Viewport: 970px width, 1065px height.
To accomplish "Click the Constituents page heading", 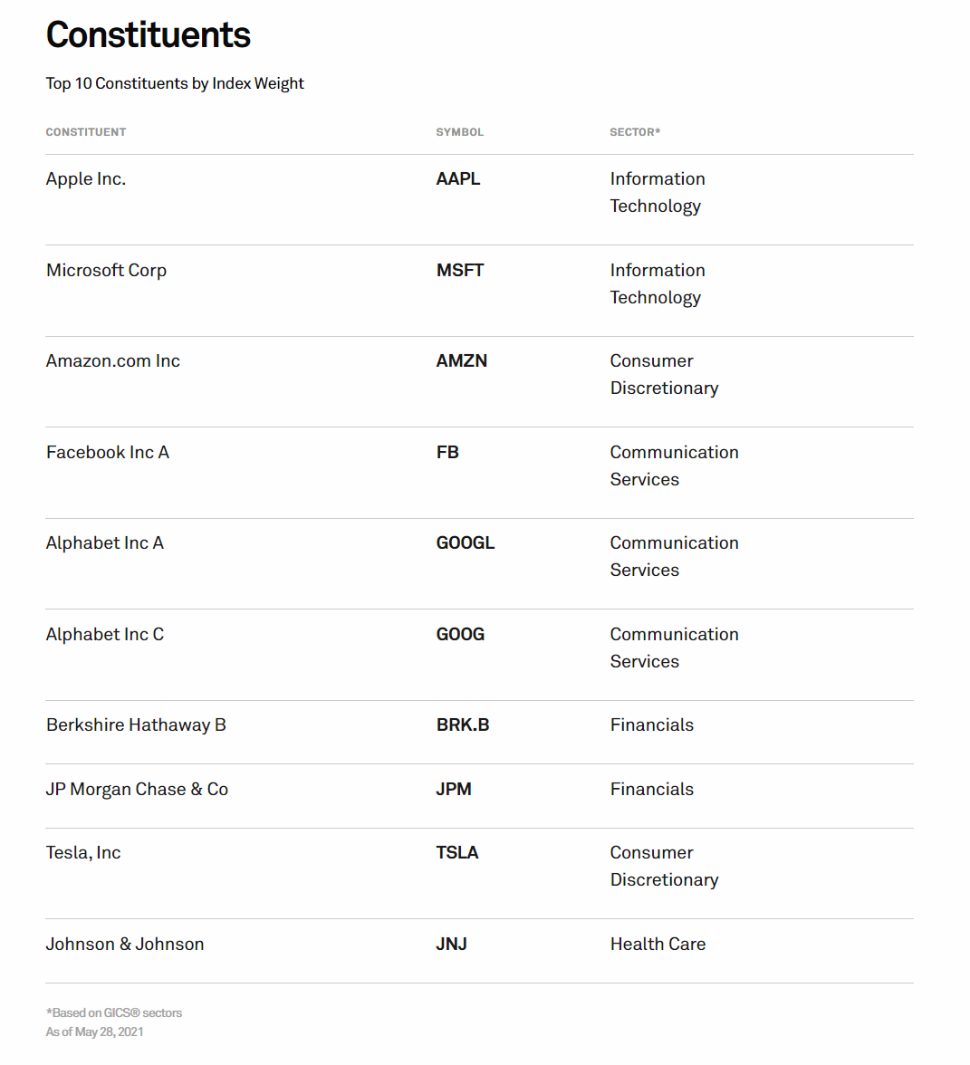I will coord(149,35).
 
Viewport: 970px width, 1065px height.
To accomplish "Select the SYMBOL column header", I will coord(460,132).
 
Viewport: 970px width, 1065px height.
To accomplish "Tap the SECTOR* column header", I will coord(635,132).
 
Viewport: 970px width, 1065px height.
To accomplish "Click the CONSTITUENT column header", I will coord(86,132).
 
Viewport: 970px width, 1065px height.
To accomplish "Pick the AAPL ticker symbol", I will coord(458,179).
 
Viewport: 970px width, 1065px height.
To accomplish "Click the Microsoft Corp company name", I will coord(107,271).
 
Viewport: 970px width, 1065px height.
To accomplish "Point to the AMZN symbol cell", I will coord(462,361).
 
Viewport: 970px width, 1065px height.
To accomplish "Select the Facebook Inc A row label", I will coord(108,453).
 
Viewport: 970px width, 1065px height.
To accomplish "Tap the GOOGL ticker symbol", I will coord(466,543).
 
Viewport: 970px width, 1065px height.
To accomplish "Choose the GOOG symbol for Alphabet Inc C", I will coord(460,635).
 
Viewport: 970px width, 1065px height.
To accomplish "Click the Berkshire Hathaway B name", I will coord(136,725).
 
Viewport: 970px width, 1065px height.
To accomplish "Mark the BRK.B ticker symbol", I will coord(463,725).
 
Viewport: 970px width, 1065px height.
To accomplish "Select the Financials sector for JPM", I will coord(652,790).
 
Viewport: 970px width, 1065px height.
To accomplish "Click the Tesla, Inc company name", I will coord(83,853).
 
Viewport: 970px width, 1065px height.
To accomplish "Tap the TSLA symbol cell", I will coord(457,853).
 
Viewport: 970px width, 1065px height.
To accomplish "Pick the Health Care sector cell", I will coord(658,945).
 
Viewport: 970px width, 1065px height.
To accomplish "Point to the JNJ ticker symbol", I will coord(452,945).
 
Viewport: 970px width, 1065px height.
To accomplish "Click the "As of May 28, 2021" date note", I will coord(95,1032).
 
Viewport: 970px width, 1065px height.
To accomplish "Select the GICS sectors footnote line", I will coord(114,1013).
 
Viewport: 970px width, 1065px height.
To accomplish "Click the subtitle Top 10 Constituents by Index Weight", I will coord(175,83).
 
